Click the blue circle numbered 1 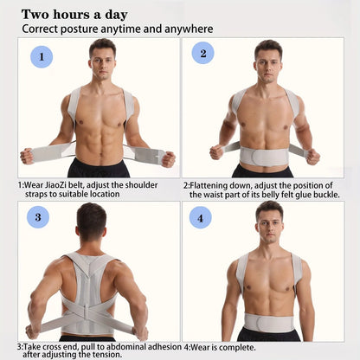point(42,58)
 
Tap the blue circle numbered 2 point(202,54)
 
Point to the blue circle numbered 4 point(201,217)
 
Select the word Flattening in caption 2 point(212,185)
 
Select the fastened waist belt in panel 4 point(270,322)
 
